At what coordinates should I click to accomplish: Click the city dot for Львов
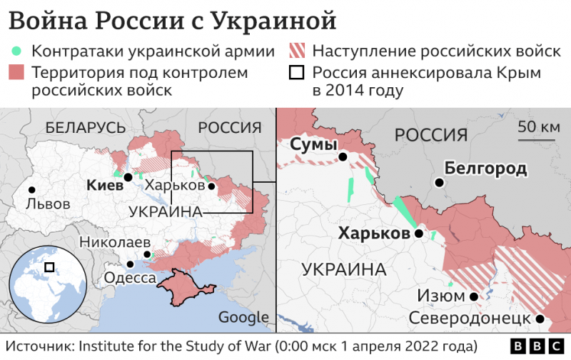click(x=31, y=190)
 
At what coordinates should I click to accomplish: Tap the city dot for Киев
click(x=127, y=177)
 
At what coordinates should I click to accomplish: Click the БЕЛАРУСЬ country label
click(x=85, y=128)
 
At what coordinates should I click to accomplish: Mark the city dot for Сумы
click(x=343, y=157)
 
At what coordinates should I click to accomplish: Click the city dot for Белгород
click(x=440, y=183)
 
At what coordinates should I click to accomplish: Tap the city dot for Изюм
click(x=474, y=296)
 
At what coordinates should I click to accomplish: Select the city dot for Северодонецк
click(x=540, y=319)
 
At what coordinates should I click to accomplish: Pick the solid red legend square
click(x=16, y=73)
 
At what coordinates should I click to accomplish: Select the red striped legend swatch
click(x=296, y=52)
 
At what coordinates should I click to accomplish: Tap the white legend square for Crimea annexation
click(x=296, y=73)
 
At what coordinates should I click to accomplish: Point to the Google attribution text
click(x=243, y=318)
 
